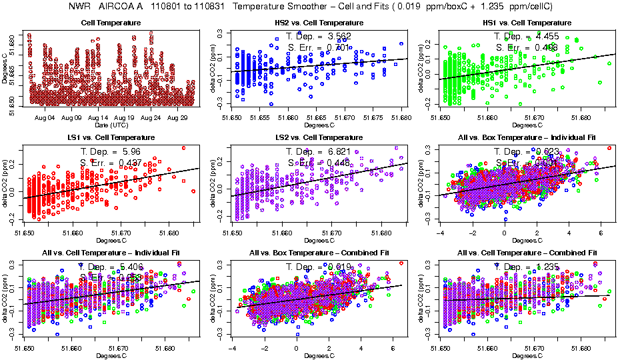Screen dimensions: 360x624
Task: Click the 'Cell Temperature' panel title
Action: tap(111, 23)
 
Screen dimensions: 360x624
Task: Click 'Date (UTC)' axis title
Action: tap(111, 125)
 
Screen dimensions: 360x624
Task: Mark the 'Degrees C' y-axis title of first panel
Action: tap(5, 70)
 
